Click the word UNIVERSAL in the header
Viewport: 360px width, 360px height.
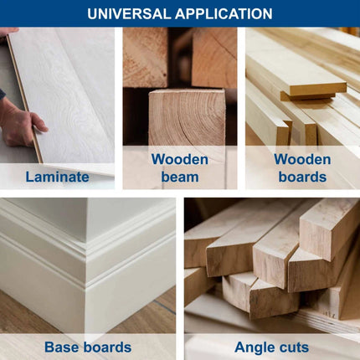coord(129,13)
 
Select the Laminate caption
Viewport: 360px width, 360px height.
coord(57,177)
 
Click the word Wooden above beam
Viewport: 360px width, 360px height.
coord(180,159)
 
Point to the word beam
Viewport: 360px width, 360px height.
coord(180,177)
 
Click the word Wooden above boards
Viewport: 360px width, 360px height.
coord(302,159)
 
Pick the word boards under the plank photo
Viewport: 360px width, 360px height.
coord(302,177)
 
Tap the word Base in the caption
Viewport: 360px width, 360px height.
coord(62,347)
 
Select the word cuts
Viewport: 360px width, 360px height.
coord(295,347)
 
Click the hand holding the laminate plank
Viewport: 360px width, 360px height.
coord(19,123)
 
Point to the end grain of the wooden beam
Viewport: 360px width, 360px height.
coord(187,117)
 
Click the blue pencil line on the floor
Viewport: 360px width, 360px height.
coord(164,306)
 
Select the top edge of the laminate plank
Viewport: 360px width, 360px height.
coord(24,98)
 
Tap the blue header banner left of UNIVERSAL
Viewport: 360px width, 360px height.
coord(42,13)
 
